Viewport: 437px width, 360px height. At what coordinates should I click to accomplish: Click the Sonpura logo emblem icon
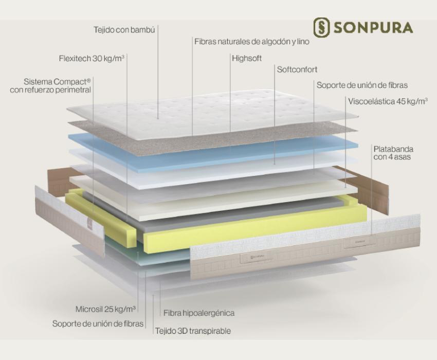pos(322,27)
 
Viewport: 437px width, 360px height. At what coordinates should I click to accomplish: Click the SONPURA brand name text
pos(373,28)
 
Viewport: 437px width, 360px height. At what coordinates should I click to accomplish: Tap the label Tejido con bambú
pos(124,29)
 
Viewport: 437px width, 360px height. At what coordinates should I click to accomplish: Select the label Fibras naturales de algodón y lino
pos(252,42)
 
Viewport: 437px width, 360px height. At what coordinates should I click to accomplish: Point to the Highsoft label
pos(247,58)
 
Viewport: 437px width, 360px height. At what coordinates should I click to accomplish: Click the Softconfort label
pos(297,69)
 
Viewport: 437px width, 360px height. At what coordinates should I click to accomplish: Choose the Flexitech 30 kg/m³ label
pos(92,59)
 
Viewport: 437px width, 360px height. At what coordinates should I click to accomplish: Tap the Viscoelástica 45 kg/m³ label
pos(388,101)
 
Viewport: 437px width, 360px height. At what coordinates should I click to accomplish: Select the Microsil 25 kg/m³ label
pos(105,309)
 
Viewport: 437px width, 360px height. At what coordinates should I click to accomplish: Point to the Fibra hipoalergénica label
pos(199,313)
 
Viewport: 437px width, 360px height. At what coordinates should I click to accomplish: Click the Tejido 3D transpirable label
pos(193,331)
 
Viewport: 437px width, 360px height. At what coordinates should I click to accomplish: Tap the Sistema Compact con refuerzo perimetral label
pos(50,86)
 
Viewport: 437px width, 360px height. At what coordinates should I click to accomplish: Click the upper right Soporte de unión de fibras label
pos(362,85)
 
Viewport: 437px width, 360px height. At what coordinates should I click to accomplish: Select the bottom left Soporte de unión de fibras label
pos(98,324)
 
